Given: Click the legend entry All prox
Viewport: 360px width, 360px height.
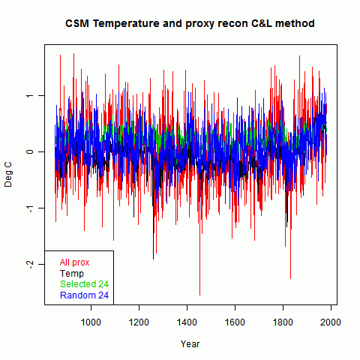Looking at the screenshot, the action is tap(74, 262).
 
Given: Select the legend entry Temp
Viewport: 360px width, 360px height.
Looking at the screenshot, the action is tap(72, 274).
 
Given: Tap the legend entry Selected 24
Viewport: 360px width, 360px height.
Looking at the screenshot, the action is tap(84, 284).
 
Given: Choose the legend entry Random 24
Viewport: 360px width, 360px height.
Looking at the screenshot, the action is tap(84, 295).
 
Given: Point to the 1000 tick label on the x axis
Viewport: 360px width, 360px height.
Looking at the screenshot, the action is tap(91, 322).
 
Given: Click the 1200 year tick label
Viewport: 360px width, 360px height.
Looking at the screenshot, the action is tap(139, 322).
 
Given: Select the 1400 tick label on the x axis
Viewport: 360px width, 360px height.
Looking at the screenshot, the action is tap(187, 322).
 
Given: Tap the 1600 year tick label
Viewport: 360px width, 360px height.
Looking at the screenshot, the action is tap(235, 322).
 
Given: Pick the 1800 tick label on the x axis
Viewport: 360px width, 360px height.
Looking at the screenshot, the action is tap(283, 322).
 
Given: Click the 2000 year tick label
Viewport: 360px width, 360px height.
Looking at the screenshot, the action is tap(331, 322).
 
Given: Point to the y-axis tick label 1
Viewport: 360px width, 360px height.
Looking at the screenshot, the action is tap(30, 96).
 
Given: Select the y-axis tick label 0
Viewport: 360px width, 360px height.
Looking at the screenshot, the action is tap(30, 151).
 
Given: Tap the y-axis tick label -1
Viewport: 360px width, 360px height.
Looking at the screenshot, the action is tap(30, 208).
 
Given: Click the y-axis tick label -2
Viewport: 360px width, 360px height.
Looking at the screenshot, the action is tap(30, 264).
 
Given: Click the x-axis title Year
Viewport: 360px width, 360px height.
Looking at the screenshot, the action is tap(190, 344).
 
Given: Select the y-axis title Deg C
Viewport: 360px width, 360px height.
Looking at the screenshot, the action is tap(8, 175).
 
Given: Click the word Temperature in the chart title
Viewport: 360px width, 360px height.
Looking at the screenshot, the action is tap(126, 24).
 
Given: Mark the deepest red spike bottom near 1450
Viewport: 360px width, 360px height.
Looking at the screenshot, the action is tap(199, 295).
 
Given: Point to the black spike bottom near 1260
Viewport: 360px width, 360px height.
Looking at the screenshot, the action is tap(153, 259).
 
